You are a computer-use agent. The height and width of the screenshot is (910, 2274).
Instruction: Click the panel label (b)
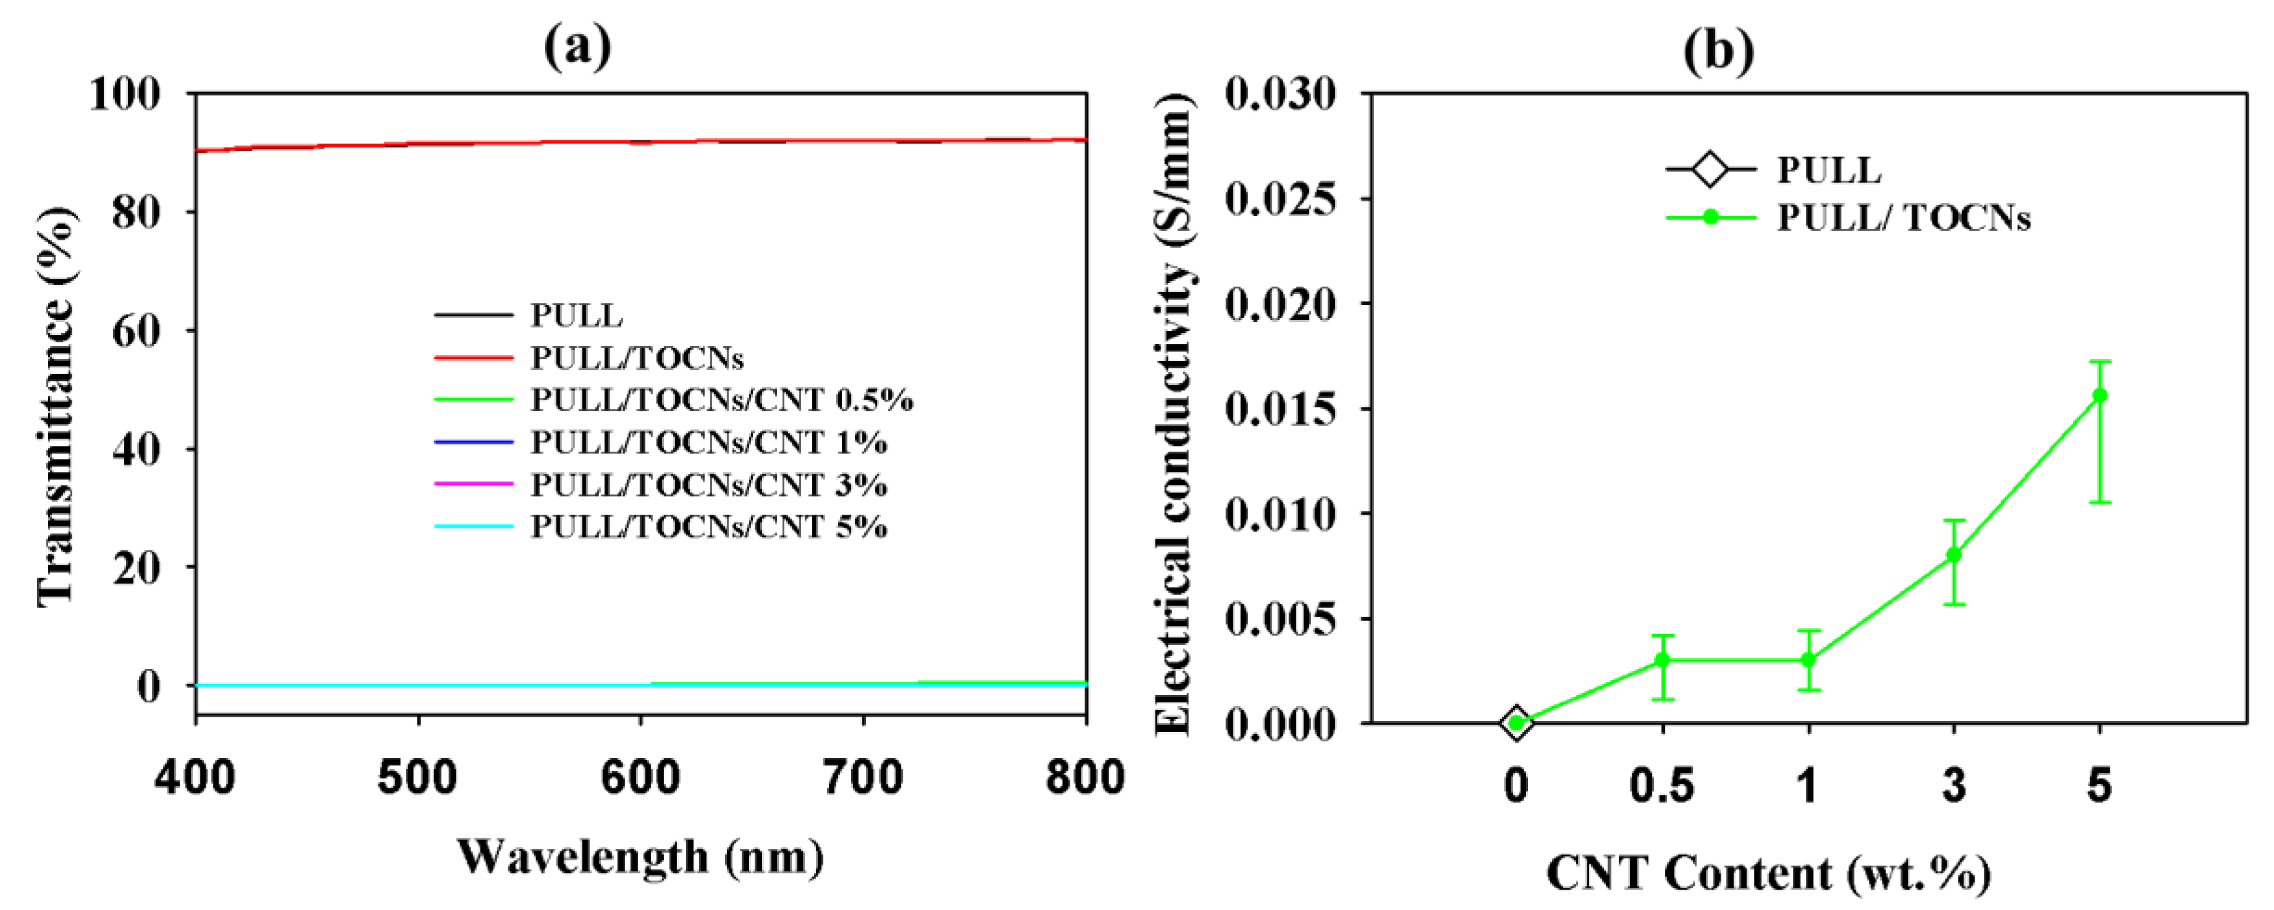[1718, 51]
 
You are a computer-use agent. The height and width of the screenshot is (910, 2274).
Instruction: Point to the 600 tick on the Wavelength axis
[640, 778]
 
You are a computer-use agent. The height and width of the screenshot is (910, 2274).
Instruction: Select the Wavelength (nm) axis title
[640, 857]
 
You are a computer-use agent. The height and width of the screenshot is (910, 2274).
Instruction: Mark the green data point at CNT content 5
[2099, 395]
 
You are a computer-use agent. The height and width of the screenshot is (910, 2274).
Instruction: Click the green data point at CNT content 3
[1953, 554]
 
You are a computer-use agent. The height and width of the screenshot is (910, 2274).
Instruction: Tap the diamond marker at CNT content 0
[1516, 723]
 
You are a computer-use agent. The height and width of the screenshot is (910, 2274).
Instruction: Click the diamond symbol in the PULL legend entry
[1710, 169]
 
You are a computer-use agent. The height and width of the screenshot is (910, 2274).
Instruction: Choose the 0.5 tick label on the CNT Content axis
[1662, 785]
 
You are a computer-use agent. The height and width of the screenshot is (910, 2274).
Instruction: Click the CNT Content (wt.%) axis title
[1768, 874]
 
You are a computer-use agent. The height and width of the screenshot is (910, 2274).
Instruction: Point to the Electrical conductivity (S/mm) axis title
[1174, 415]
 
